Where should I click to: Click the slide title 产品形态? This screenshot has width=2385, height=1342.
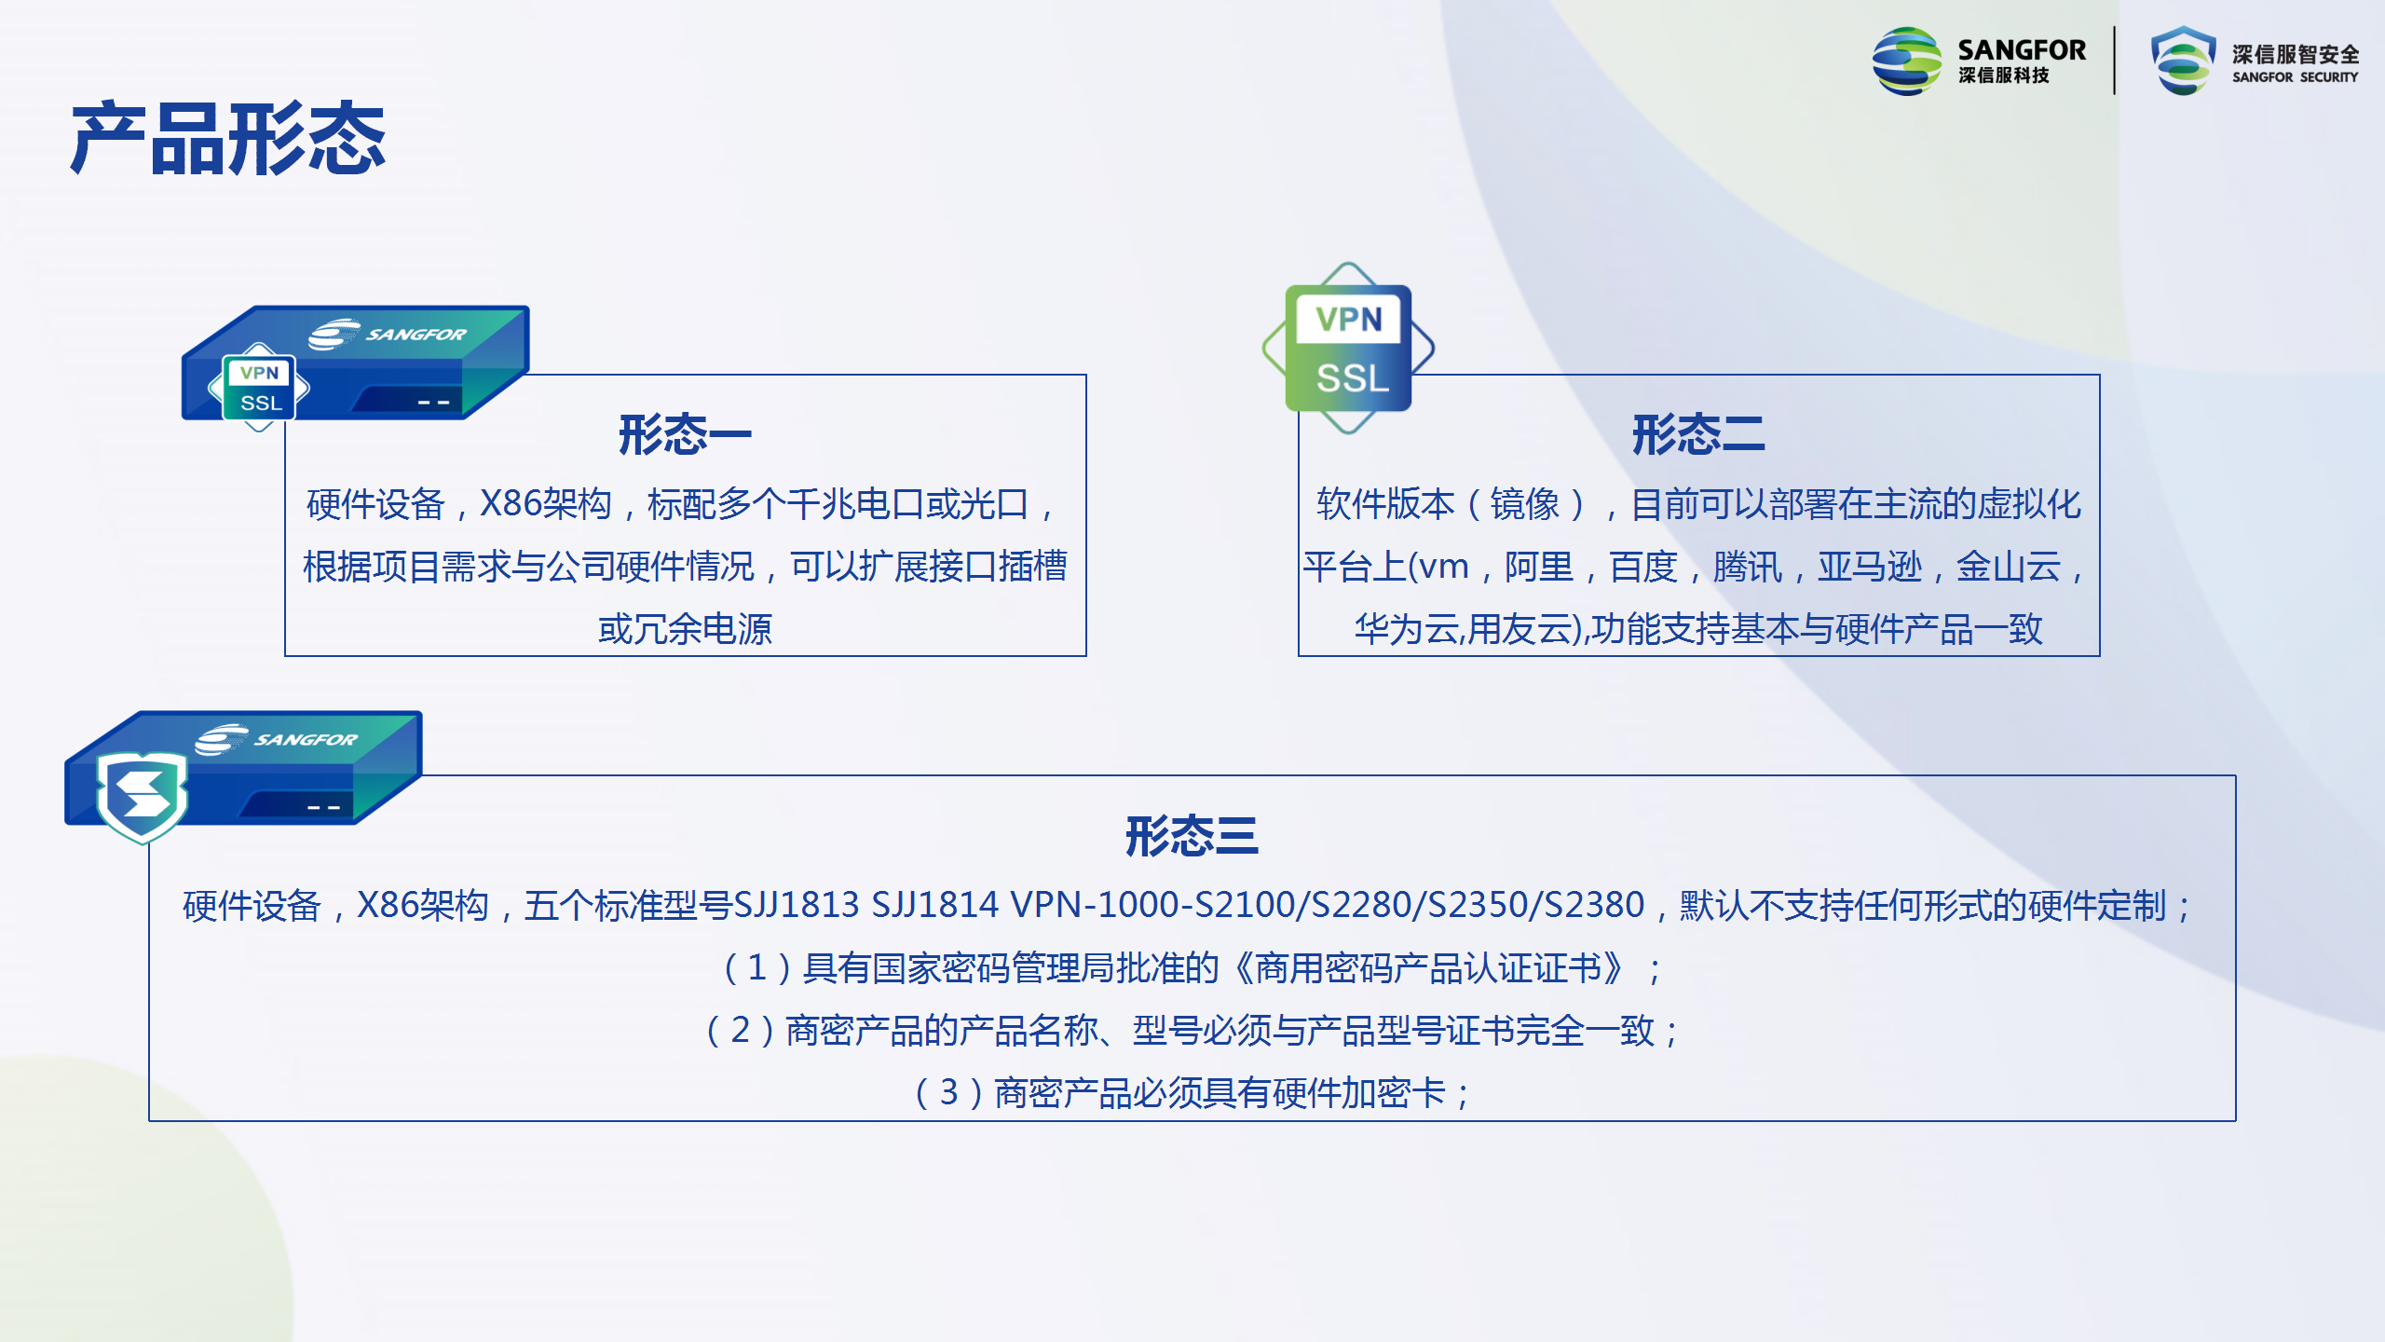pos(228,140)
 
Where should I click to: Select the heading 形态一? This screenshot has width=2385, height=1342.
pos(685,434)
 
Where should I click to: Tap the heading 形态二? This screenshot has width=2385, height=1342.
pos(1698,434)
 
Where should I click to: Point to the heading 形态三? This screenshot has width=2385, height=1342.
pos(1192,836)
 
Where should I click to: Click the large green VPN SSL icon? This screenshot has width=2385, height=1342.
pos(1348,348)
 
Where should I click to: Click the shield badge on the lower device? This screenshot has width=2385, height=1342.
pos(143,797)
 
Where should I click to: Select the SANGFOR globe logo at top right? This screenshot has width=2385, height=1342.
pos(1907,61)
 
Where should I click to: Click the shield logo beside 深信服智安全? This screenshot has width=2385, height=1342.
pos(2183,61)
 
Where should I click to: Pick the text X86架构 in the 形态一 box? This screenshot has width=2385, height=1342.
pos(545,504)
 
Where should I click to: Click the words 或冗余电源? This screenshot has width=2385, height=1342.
pos(685,629)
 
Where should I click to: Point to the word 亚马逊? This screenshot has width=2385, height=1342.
pos(1869,567)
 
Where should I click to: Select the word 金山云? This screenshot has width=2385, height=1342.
pos(2008,567)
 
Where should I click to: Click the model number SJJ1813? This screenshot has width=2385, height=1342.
pos(796,905)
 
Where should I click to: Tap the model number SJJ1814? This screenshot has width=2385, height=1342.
pos(934,905)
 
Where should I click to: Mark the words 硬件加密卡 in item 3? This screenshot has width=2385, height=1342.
pos(1358,1093)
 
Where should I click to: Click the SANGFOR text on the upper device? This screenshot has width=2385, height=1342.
pos(416,334)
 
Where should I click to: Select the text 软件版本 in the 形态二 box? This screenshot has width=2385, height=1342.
pos(1384,504)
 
